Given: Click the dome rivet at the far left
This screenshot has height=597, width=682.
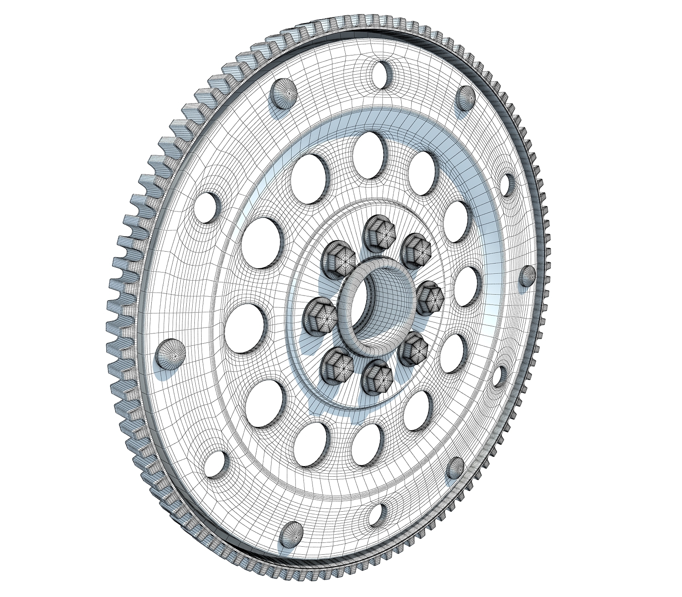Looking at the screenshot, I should tap(171, 354).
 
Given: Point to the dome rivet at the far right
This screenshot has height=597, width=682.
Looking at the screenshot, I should tap(528, 275).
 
